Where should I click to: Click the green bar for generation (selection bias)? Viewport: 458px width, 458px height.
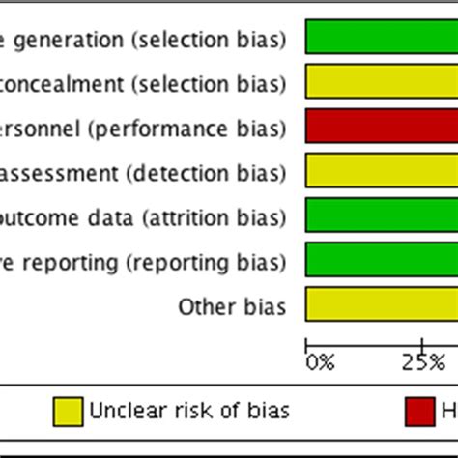point(382,37)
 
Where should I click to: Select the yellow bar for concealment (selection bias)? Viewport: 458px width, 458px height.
point(382,81)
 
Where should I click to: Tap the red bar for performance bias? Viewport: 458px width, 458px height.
point(382,126)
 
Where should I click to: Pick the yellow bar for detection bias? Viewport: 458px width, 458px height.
point(382,170)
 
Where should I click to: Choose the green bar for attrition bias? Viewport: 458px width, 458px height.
point(382,215)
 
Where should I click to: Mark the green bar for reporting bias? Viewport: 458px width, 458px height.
point(382,259)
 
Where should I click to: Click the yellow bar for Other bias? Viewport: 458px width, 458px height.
point(382,303)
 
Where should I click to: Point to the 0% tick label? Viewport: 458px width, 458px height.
point(320,362)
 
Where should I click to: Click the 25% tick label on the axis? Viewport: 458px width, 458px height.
point(422,362)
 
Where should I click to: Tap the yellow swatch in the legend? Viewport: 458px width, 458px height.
point(68,411)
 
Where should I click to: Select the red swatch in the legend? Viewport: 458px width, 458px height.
point(419,411)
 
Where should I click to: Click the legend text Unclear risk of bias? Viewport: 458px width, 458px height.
point(189,411)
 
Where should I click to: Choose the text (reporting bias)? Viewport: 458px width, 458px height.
point(222,263)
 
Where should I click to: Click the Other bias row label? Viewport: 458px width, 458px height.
point(232,307)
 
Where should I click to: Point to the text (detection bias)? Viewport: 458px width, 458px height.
point(223,174)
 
